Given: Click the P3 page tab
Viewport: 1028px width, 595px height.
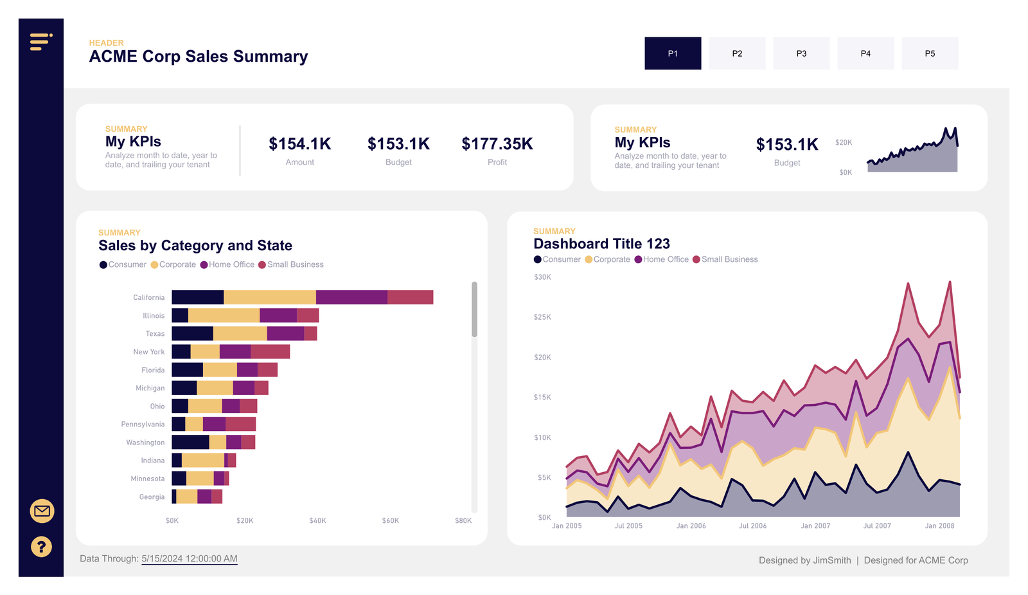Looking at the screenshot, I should point(801,53).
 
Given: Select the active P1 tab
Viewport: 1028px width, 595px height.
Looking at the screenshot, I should point(673,53).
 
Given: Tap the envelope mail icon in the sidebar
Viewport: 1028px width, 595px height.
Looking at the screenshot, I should point(42,511).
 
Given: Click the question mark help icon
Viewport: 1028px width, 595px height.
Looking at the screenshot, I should point(42,547).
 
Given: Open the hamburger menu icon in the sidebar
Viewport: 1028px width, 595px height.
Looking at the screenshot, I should point(40,42).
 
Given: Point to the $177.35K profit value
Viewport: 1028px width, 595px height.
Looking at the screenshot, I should point(497,144).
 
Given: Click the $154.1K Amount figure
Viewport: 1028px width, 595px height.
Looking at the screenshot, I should point(299,144).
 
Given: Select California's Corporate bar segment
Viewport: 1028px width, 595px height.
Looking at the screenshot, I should point(270,297).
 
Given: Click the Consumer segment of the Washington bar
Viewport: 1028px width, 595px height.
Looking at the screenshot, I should point(190,443).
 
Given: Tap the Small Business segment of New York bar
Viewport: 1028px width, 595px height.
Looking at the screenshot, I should point(270,352).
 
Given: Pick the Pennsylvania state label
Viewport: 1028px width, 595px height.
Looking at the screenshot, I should point(143,425).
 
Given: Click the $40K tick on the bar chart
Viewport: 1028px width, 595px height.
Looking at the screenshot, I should point(317,521).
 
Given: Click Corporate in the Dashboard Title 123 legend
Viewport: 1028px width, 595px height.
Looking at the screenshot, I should point(611,260).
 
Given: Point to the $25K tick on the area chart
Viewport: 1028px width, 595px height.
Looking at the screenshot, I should point(542,317).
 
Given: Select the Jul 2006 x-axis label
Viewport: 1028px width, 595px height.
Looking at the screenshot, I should point(752,526).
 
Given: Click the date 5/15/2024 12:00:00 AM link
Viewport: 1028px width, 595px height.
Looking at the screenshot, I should point(190,559).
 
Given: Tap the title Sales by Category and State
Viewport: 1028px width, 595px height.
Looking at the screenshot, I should point(195,246).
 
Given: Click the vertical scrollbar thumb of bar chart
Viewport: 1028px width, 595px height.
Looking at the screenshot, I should point(474,309).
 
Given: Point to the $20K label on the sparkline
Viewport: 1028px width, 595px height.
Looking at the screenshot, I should point(843,143).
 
